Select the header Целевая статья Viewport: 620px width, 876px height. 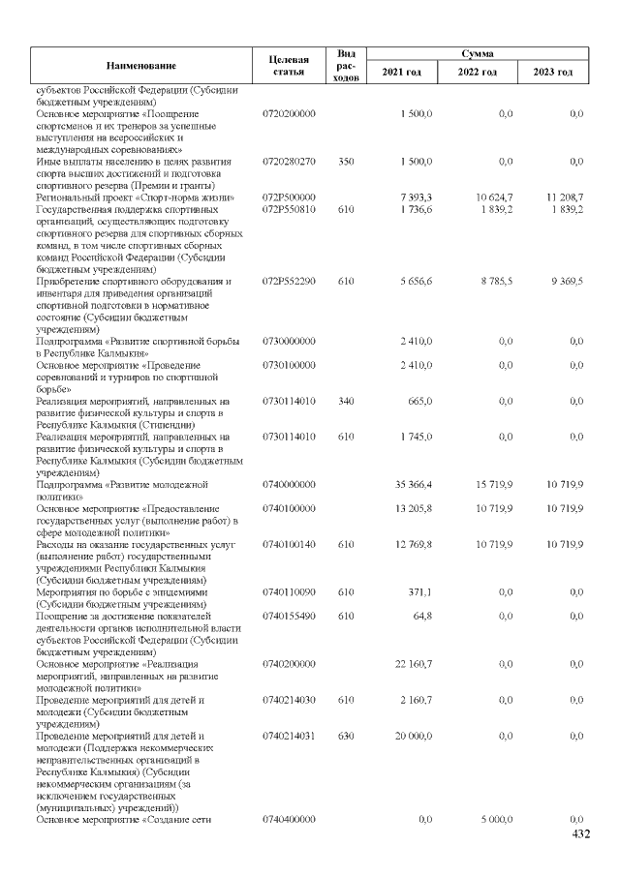tap(289, 65)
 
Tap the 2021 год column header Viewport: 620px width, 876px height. tap(402, 73)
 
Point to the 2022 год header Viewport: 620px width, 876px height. tap(477, 73)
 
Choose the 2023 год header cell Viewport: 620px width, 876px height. tap(552, 73)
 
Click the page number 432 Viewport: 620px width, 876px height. tap(580, 834)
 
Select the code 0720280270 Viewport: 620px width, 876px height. tap(289, 162)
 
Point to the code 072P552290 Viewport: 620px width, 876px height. tap(289, 281)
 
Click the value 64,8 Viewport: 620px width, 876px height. tap(421, 616)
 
